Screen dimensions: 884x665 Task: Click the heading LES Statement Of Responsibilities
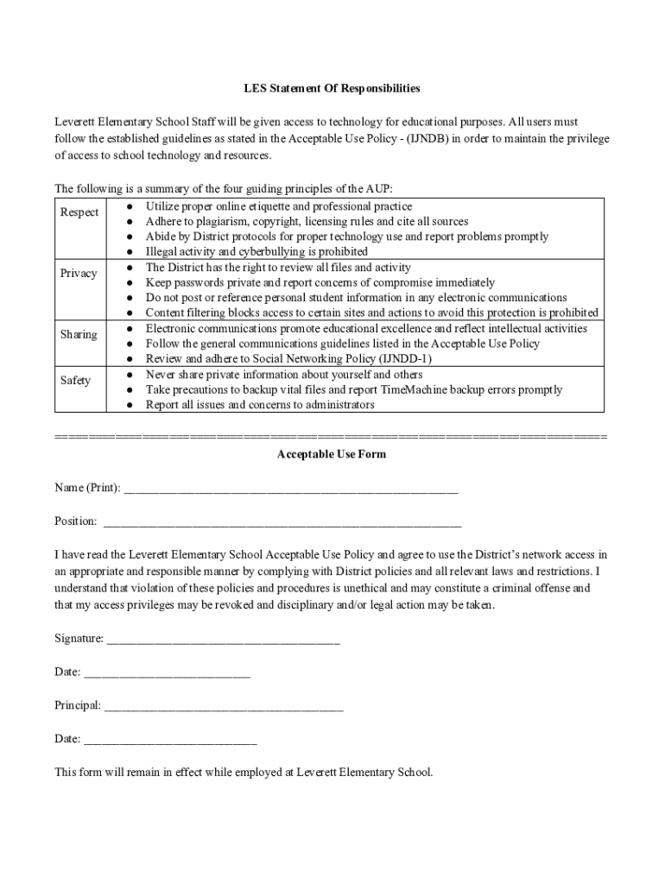click(331, 88)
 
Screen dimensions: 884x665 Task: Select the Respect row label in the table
click(79, 212)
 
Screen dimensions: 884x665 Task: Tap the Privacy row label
click(79, 274)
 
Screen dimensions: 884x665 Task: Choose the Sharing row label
click(79, 335)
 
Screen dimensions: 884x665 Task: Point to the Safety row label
click(75, 381)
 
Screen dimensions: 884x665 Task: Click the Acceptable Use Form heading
click(331, 454)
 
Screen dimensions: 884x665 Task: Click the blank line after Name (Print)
click(291, 489)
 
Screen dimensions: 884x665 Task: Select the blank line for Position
click(282, 522)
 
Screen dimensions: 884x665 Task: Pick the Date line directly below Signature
click(167, 672)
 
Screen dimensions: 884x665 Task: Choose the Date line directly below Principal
click(170, 740)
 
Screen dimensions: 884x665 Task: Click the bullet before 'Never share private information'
click(128, 376)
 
